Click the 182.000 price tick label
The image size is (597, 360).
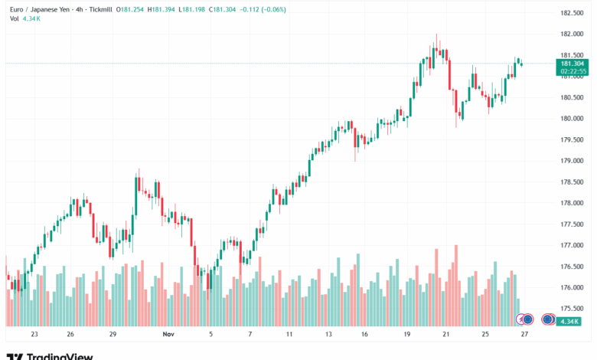coord(572,34)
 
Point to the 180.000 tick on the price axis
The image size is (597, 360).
coord(572,119)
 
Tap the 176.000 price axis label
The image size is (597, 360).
coord(572,288)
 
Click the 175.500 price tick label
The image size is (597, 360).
coord(572,309)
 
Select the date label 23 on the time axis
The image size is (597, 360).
coord(34,335)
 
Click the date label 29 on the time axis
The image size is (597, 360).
coord(113,335)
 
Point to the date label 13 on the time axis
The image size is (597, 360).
coord(328,335)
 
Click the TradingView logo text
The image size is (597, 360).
coord(60,356)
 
